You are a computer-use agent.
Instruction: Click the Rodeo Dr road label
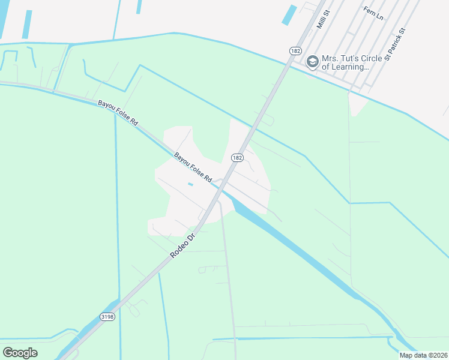pyautogui.click(x=184, y=245)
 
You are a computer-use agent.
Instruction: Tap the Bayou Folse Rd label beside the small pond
pyautogui.click(x=193, y=167)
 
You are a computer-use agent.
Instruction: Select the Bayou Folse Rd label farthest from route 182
pyautogui.click(x=118, y=113)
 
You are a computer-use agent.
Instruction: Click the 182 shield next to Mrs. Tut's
pyautogui.click(x=295, y=51)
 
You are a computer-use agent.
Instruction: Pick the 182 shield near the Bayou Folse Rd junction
pyautogui.click(x=237, y=158)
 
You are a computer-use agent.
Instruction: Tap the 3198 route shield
pyautogui.click(x=107, y=317)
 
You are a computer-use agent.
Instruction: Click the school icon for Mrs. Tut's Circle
pyautogui.click(x=312, y=61)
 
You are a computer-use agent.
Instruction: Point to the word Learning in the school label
pyautogui.click(x=348, y=67)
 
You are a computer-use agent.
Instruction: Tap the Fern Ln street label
pyautogui.click(x=373, y=13)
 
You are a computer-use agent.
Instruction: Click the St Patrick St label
pyautogui.click(x=396, y=44)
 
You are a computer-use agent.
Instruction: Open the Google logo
pyautogui.click(x=20, y=353)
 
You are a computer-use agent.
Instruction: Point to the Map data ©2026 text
pyautogui.click(x=423, y=355)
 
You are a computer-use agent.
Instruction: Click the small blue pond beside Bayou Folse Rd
pyautogui.click(x=190, y=184)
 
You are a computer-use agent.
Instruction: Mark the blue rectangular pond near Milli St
pyautogui.click(x=289, y=15)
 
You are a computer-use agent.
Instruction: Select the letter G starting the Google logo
pyautogui.click(x=8, y=353)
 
